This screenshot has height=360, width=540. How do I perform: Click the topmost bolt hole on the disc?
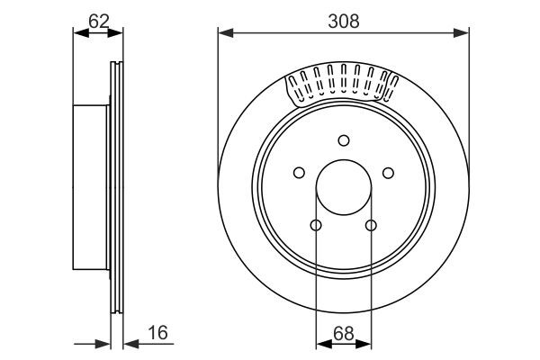343,139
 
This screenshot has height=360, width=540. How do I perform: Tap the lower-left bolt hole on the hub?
315,226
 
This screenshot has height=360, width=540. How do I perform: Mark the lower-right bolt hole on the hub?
371,226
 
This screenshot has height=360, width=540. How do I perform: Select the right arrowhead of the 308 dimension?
463,33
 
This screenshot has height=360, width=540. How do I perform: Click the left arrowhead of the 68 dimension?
320,343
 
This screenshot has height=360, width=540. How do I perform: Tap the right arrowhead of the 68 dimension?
365,343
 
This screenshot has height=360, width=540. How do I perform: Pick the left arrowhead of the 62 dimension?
77,33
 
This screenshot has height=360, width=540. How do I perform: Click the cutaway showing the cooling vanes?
342,85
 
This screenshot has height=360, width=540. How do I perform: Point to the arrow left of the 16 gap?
102,343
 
